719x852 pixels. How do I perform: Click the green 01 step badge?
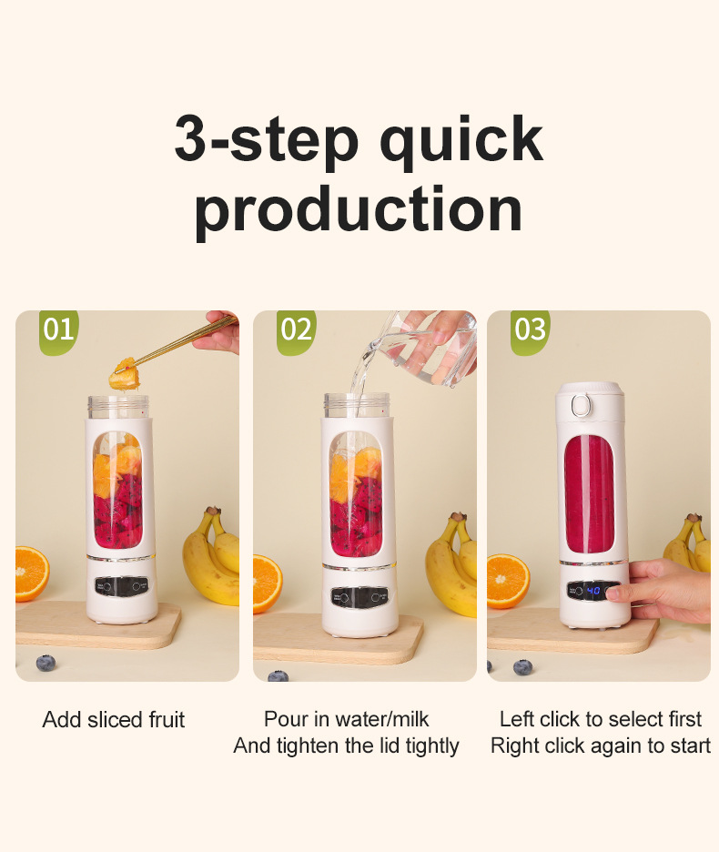point(58,331)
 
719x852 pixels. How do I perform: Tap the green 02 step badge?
point(296,331)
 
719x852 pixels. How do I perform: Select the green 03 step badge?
point(530,331)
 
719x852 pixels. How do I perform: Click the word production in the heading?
point(359,209)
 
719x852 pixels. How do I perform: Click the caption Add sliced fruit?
point(114,719)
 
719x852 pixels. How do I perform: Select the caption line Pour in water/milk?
point(346,719)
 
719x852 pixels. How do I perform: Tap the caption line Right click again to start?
point(601,745)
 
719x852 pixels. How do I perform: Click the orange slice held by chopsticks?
point(125,374)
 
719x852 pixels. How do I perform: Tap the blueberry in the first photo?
point(46,663)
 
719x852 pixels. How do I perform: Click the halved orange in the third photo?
point(508,581)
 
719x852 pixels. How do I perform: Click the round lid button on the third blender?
point(581,405)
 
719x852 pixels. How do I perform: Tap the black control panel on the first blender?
point(121,586)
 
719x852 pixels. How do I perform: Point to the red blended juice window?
point(589,494)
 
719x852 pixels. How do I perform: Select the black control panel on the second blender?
point(359,596)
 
